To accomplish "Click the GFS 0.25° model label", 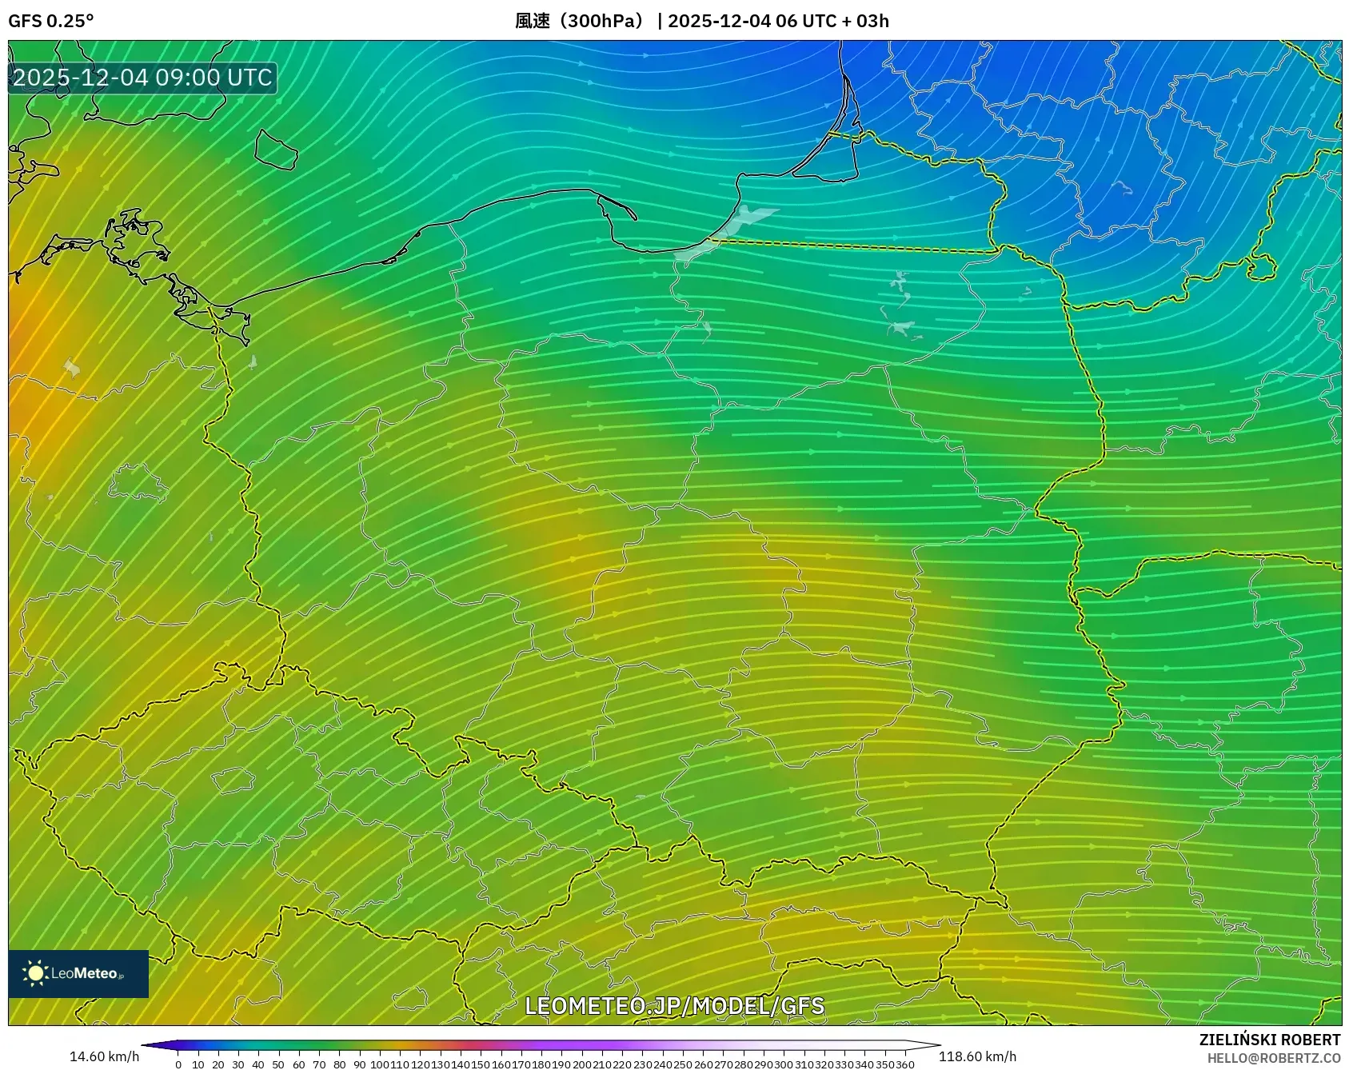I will pos(50,21).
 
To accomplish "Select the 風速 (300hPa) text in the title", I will pos(580,21).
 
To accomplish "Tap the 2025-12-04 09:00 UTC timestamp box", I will pos(142,78).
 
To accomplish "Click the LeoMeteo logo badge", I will pos(78,973).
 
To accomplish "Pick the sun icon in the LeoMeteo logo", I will pos(35,973).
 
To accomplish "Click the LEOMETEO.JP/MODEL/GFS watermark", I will pos(674,1006).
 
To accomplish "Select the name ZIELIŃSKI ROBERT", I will pos(1269,1040).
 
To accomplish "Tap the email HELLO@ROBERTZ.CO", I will pos(1273,1058).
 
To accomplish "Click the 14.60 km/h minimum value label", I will pos(104,1056).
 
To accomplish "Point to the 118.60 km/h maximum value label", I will pos(977,1056).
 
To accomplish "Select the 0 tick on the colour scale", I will pos(178,1064).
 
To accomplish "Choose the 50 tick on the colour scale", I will pos(278,1064).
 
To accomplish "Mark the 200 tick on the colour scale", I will pos(581,1064).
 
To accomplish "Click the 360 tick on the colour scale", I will pos(905,1064).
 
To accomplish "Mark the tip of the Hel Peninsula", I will pos(635,218).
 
